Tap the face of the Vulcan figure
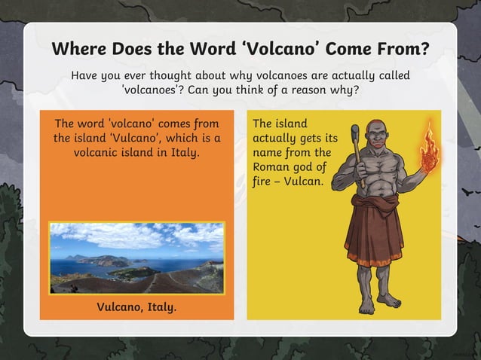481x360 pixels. click(378, 136)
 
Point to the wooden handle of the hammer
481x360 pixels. click(360, 166)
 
